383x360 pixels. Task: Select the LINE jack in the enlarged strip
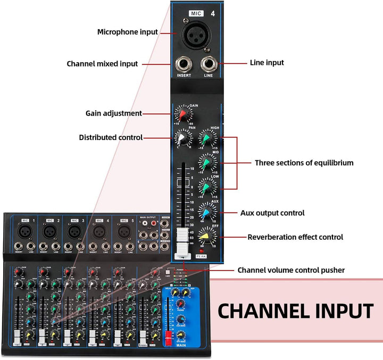point(207,66)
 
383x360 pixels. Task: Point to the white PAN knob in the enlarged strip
point(182,138)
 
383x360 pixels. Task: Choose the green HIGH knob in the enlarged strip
point(206,139)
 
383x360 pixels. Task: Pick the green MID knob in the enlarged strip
point(206,162)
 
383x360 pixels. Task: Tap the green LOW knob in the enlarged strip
point(206,186)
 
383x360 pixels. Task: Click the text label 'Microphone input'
point(128,32)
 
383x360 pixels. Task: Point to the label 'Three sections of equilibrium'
point(304,163)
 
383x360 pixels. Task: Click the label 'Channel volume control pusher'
point(291,270)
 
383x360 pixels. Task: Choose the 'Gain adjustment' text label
point(114,113)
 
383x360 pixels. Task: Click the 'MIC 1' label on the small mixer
point(28,220)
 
